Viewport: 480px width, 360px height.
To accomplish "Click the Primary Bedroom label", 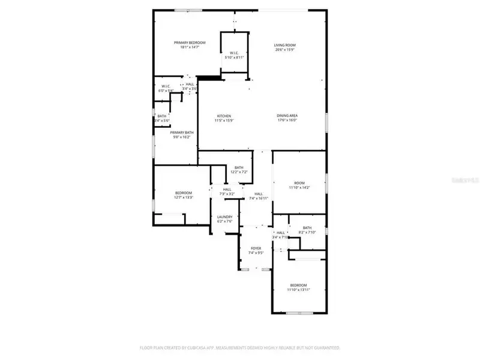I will pyautogui.click(x=190, y=43).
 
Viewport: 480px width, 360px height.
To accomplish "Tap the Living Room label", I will pyautogui.click(x=285, y=45).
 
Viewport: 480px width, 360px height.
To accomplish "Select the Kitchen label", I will pyautogui.click(x=224, y=116).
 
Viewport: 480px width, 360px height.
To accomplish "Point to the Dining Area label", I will pyautogui.click(x=287, y=116).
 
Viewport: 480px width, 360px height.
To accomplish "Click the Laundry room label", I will pyautogui.click(x=224, y=217).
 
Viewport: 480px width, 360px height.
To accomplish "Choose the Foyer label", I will pyautogui.click(x=256, y=248).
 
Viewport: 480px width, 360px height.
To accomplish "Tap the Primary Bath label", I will pyautogui.click(x=182, y=133).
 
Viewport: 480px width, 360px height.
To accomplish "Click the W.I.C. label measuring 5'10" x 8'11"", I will pyautogui.click(x=234, y=53).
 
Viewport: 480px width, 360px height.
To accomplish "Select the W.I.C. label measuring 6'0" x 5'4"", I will pyautogui.click(x=166, y=86).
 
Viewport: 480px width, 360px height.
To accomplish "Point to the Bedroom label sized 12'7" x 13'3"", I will pyautogui.click(x=184, y=193).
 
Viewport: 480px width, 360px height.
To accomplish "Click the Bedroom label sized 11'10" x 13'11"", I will pyautogui.click(x=298, y=285).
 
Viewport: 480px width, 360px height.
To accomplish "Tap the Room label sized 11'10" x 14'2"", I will pyautogui.click(x=299, y=183).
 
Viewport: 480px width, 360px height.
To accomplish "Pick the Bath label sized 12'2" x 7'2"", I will pyautogui.click(x=239, y=167).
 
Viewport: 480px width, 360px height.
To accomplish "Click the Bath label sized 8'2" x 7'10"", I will pyautogui.click(x=307, y=227).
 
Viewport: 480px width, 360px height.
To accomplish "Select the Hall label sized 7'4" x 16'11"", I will pyautogui.click(x=259, y=194).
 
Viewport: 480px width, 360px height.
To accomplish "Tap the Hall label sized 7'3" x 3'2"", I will pyautogui.click(x=227, y=190).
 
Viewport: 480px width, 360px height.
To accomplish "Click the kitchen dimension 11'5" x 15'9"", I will pyautogui.click(x=224, y=121).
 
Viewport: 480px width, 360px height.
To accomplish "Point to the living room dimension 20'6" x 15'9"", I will pyautogui.click(x=285, y=50).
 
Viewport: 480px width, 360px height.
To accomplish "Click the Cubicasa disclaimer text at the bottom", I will pyautogui.click(x=240, y=347).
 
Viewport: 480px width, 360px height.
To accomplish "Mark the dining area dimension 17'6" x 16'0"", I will pyautogui.click(x=287, y=121).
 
